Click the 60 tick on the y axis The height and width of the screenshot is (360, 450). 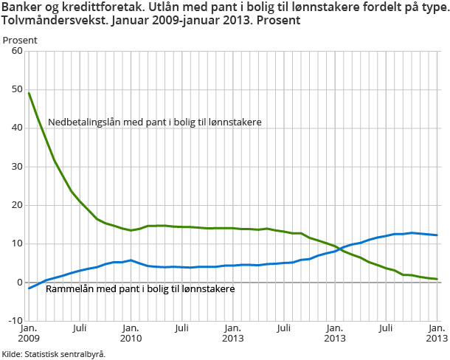click(x=16, y=52)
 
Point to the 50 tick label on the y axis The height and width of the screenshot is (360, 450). click(x=16, y=90)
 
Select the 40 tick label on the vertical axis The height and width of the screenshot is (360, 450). click(x=16, y=128)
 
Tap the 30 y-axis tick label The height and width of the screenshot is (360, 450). click(x=16, y=167)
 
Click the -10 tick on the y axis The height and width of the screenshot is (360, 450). click(x=14, y=320)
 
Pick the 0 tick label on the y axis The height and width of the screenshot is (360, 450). click(x=19, y=282)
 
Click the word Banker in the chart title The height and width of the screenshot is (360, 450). click(x=21, y=7)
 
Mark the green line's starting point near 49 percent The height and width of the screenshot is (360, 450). click(x=29, y=93)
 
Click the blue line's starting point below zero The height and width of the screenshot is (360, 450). click(x=29, y=288)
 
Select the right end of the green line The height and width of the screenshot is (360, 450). click(x=437, y=279)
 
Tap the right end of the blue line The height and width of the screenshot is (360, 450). click(x=437, y=235)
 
